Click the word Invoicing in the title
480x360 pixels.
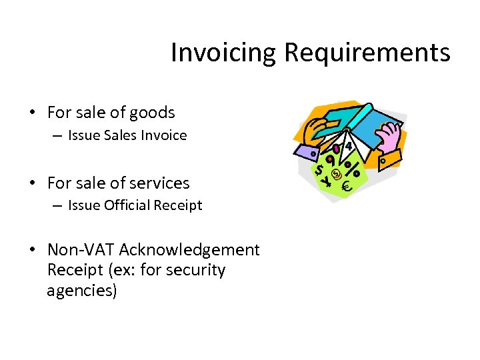[223, 53]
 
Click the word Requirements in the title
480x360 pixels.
[367, 53]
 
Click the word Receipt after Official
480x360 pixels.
[178, 205]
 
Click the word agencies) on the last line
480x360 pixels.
[82, 291]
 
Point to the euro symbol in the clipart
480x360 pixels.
[347, 189]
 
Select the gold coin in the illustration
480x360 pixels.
[337, 175]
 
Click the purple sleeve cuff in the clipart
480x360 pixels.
[307, 153]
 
